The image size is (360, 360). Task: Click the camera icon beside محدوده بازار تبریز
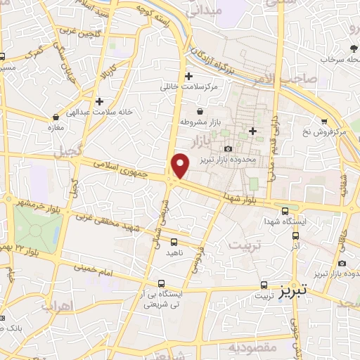(229, 148)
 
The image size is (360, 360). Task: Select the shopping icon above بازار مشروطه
(200, 110)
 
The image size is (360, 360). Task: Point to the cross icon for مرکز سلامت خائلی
(188, 76)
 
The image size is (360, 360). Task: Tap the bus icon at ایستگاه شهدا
(285, 210)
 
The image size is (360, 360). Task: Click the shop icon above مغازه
(56, 117)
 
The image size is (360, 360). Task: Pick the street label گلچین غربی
(79, 34)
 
